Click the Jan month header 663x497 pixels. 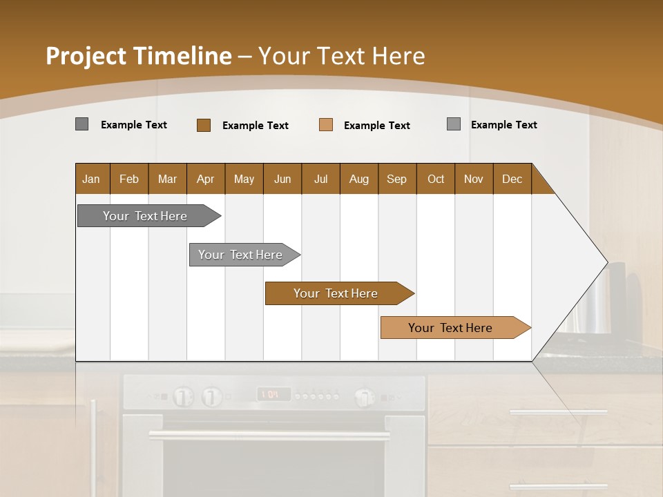pyautogui.click(x=92, y=179)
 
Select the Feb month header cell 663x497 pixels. pyautogui.click(x=129, y=179)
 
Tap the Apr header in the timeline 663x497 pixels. pyautogui.click(x=206, y=179)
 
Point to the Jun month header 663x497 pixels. pyautogui.click(x=282, y=179)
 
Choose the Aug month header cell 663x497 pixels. pyautogui.click(x=359, y=179)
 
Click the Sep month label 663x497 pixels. pyautogui.click(x=397, y=179)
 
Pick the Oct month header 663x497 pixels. pyautogui.click(x=436, y=179)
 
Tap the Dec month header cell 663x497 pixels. pyautogui.click(x=512, y=179)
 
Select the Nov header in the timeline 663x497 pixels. pyautogui.click(x=474, y=179)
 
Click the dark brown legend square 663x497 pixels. pyautogui.click(x=204, y=125)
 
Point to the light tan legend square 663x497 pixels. pyautogui.click(x=326, y=125)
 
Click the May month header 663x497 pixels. pyautogui.click(x=244, y=179)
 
